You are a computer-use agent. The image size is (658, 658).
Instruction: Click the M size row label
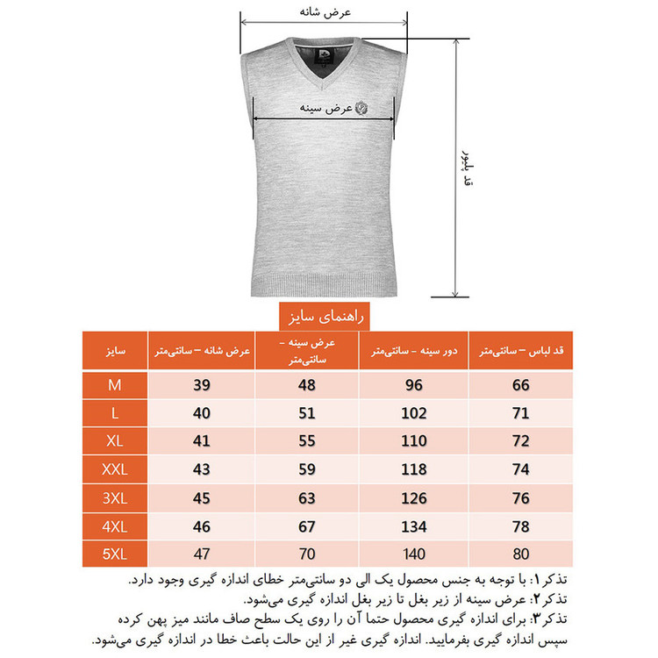coord(114,383)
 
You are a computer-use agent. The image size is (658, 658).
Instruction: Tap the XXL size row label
coord(114,469)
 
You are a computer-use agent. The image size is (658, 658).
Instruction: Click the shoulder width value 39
coord(202,383)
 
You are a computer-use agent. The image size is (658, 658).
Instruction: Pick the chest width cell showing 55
coord(307,440)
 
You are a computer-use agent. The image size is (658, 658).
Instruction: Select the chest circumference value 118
coord(413,469)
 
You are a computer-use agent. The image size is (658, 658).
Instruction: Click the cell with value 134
coord(413,526)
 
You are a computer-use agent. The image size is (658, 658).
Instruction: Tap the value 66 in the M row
coord(521,383)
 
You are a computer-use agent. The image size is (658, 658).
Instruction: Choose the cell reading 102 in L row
coord(413,412)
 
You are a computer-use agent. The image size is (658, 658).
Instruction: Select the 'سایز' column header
coord(114,351)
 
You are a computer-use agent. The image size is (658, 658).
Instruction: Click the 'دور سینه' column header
coord(413,351)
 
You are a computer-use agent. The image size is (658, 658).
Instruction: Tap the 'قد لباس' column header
coord(521,351)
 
